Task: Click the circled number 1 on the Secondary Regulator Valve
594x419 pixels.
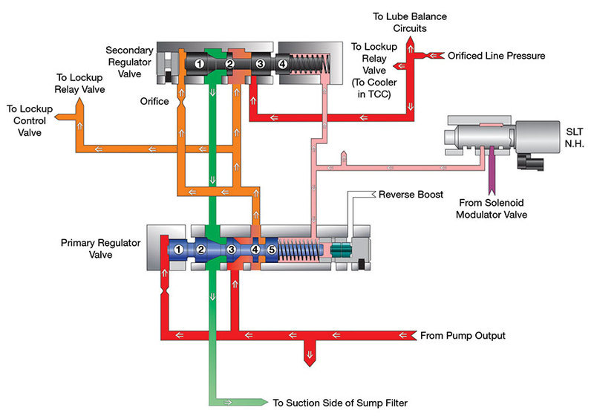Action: [200, 65]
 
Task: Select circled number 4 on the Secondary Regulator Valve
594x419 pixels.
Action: [282, 65]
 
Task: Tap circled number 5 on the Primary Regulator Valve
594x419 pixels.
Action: [271, 250]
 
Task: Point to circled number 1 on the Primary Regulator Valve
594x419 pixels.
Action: [179, 250]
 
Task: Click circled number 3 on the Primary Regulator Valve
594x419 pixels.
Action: [232, 250]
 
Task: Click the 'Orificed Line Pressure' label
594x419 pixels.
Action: [497, 56]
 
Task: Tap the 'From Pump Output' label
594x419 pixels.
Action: [463, 336]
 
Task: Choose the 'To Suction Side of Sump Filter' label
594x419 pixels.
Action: [340, 403]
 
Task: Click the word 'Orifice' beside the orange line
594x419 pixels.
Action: [154, 101]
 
